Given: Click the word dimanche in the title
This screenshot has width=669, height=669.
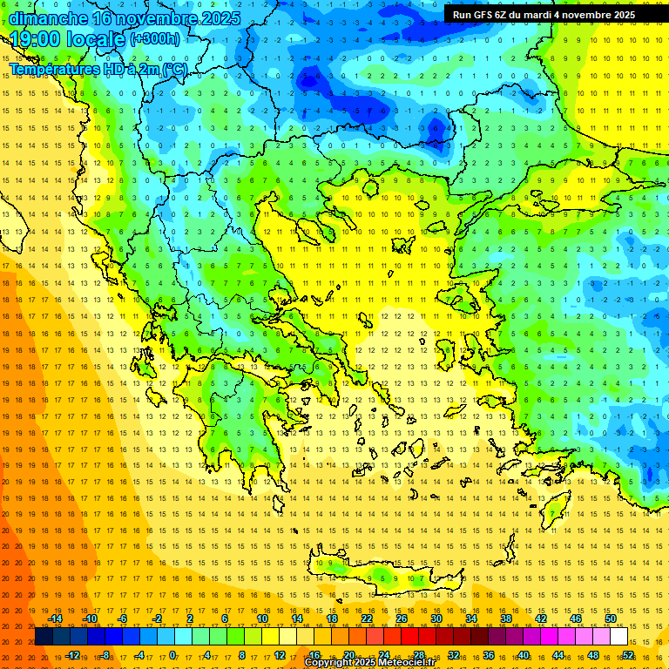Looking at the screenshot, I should [x=49, y=18].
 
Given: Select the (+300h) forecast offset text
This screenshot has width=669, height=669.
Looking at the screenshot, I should [x=155, y=39].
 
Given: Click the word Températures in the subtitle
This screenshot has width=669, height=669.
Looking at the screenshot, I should [x=54, y=69].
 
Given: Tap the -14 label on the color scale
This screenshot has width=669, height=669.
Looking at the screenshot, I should [x=55, y=618].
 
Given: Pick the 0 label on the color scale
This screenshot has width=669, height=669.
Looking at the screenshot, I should [x=172, y=655].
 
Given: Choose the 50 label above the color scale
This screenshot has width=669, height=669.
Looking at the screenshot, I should [x=611, y=618].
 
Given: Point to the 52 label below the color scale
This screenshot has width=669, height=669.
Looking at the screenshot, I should [x=628, y=655].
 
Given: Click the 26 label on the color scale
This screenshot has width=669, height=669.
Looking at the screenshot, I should [x=402, y=618].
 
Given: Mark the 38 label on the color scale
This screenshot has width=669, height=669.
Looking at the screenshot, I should [x=506, y=618].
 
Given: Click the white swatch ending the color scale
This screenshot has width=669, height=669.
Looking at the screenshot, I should [x=619, y=637].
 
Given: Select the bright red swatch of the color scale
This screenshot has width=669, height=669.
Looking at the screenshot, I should [x=410, y=637].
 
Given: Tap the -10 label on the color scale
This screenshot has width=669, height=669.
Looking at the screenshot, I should [x=89, y=618].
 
